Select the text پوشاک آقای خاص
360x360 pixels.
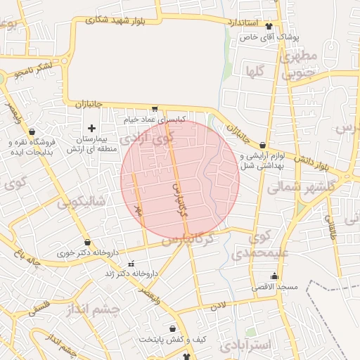coord(269,37)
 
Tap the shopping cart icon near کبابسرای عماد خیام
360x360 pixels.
coord(154,109)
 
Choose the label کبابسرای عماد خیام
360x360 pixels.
coord(154,120)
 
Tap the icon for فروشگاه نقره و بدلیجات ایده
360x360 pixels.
coord(32,131)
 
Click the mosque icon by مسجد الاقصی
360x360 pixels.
coord(274,276)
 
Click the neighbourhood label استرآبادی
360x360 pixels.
coord(245,345)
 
